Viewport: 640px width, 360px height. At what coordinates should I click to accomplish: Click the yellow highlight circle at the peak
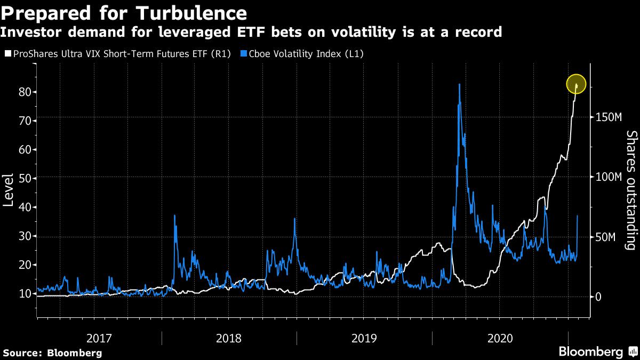tap(576, 84)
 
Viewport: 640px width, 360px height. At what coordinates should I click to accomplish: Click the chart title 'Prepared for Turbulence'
tap(124, 13)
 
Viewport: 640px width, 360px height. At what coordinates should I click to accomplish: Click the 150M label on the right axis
tap(608, 117)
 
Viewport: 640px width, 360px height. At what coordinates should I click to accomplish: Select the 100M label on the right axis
tap(608, 177)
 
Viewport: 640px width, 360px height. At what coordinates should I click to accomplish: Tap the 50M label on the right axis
tap(606, 237)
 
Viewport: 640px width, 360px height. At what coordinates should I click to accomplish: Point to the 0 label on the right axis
tap(598, 297)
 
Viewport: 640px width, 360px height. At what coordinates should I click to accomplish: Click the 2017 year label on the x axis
tap(99, 338)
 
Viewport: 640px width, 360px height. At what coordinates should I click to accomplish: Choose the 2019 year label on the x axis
tap(364, 338)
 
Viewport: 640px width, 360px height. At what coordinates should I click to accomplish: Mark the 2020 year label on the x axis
tap(500, 338)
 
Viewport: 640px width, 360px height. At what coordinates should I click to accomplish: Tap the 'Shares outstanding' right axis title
tap(631, 190)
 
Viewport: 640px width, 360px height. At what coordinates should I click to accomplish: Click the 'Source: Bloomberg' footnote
tap(52, 353)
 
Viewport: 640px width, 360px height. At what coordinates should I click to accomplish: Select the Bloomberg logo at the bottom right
tap(596, 351)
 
